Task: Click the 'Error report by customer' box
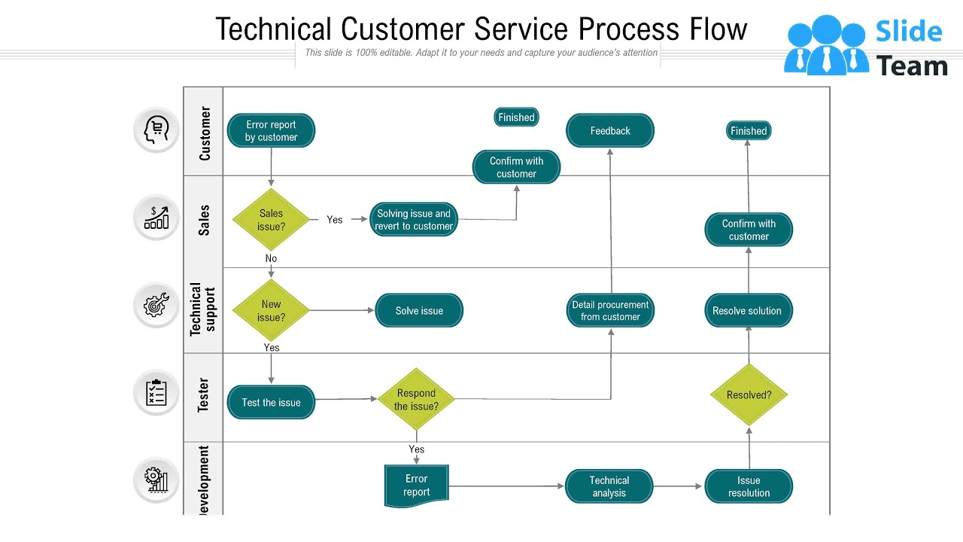pyautogui.click(x=271, y=131)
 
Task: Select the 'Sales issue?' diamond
pyautogui.click(x=271, y=220)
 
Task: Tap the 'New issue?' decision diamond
pyautogui.click(x=271, y=310)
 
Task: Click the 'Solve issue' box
pyautogui.click(x=419, y=311)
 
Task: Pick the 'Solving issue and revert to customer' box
pyautogui.click(x=414, y=220)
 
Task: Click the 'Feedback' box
pyautogui.click(x=610, y=131)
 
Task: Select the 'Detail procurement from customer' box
pyautogui.click(x=610, y=311)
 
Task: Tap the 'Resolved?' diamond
pyautogui.click(x=749, y=395)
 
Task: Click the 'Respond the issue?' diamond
pyautogui.click(x=416, y=400)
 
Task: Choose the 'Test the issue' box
pyautogui.click(x=271, y=403)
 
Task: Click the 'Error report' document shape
pyautogui.click(x=416, y=486)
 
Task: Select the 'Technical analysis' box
pyautogui.click(x=609, y=486)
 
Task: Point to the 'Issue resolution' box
pyautogui.click(x=749, y=486)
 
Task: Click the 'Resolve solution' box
pyautogui.click(x=748, y=311)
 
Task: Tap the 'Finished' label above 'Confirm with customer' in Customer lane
pyautogui.click(x=516, y=117)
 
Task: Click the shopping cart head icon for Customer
pyautogui.click(x=156, y=129)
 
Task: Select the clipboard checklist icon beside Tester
pyautogui.click(x=156, y=392)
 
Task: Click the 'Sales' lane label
pyautogui.click(x=204, y=221)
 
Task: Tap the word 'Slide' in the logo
pyautogui.click(x=908, y=32)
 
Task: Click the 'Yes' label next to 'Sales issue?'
pyautogui.click(x=335, y=220)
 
